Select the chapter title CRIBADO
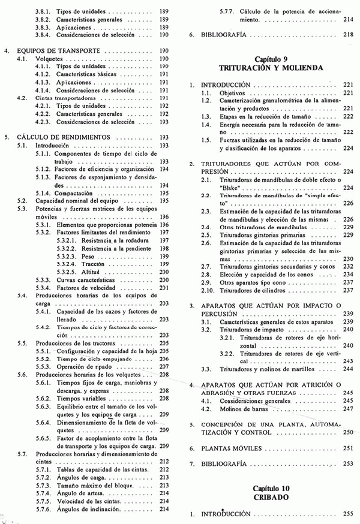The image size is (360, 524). pyautogui.click(x=268, y=498)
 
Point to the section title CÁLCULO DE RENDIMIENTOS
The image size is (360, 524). pyautogui.click(x=59, y=137)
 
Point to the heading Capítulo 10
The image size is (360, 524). pyautogui.click(x=268, y=489)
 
